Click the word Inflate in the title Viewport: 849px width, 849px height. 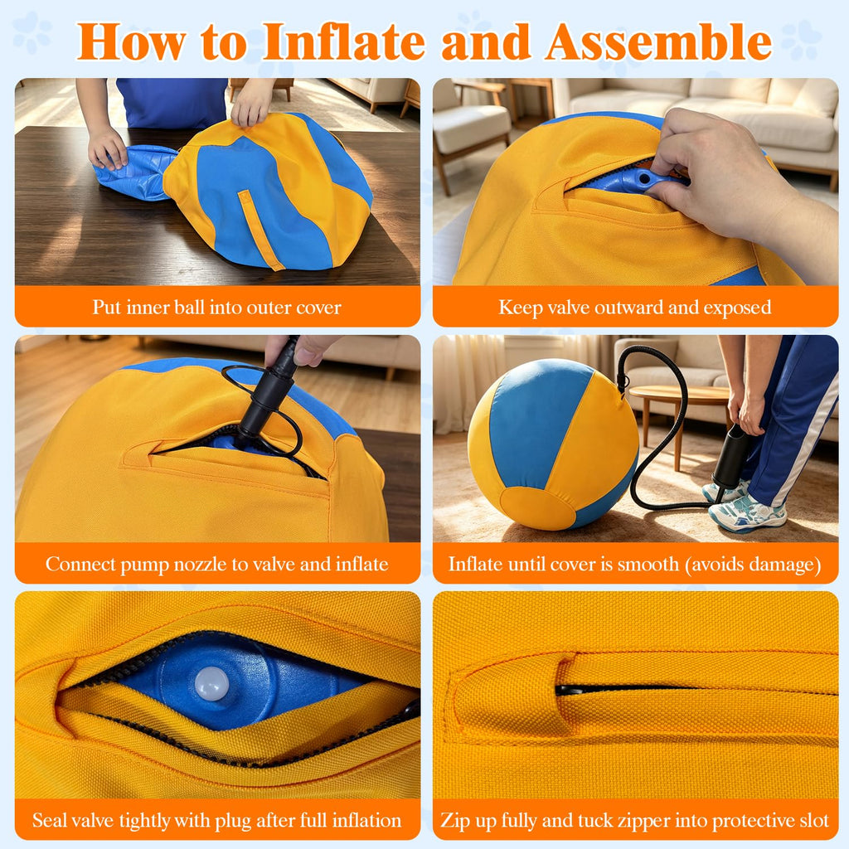(344, 41)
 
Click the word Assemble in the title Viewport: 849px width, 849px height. (658, 41)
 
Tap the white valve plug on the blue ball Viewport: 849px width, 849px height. (211, 683)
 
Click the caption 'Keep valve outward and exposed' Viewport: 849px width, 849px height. (634, 307)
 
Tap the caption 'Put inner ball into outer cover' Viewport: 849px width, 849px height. (216, 307)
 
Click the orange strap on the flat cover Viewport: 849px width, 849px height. (260, 230)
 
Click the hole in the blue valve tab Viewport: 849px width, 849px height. (643, 178)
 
